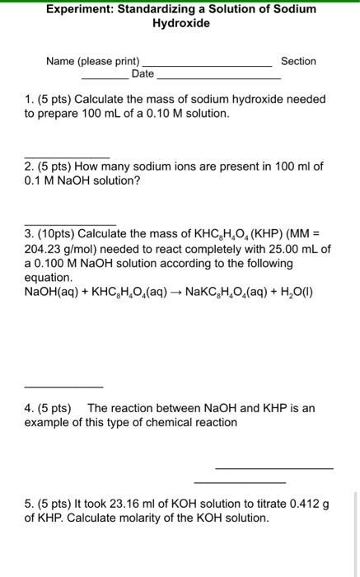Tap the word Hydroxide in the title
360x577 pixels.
(181, 23)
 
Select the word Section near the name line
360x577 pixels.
(298, 61)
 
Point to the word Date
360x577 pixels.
(143, 74)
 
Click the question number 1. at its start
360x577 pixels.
(30, 99)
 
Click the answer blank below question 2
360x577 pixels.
(70, 223)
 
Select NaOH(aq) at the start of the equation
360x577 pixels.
(53, 293)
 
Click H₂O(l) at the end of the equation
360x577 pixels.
(295, 293)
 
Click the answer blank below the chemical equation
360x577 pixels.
(63, 387)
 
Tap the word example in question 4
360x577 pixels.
(49, 422)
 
